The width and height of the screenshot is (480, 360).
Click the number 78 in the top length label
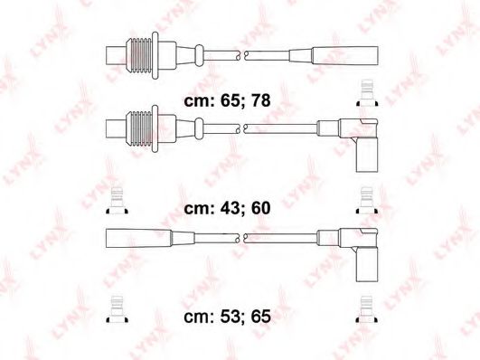tap(260, 100)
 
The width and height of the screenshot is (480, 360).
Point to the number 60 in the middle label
tap(260, 208)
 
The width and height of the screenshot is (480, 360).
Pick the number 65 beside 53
tap(260, 317)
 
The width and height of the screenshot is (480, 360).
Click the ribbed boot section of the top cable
tap(138, 55)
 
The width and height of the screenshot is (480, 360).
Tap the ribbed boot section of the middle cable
tap(138, 128)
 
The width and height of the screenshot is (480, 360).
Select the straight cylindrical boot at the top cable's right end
tap(344, 55)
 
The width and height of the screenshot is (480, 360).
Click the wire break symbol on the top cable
tap(242, 55)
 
